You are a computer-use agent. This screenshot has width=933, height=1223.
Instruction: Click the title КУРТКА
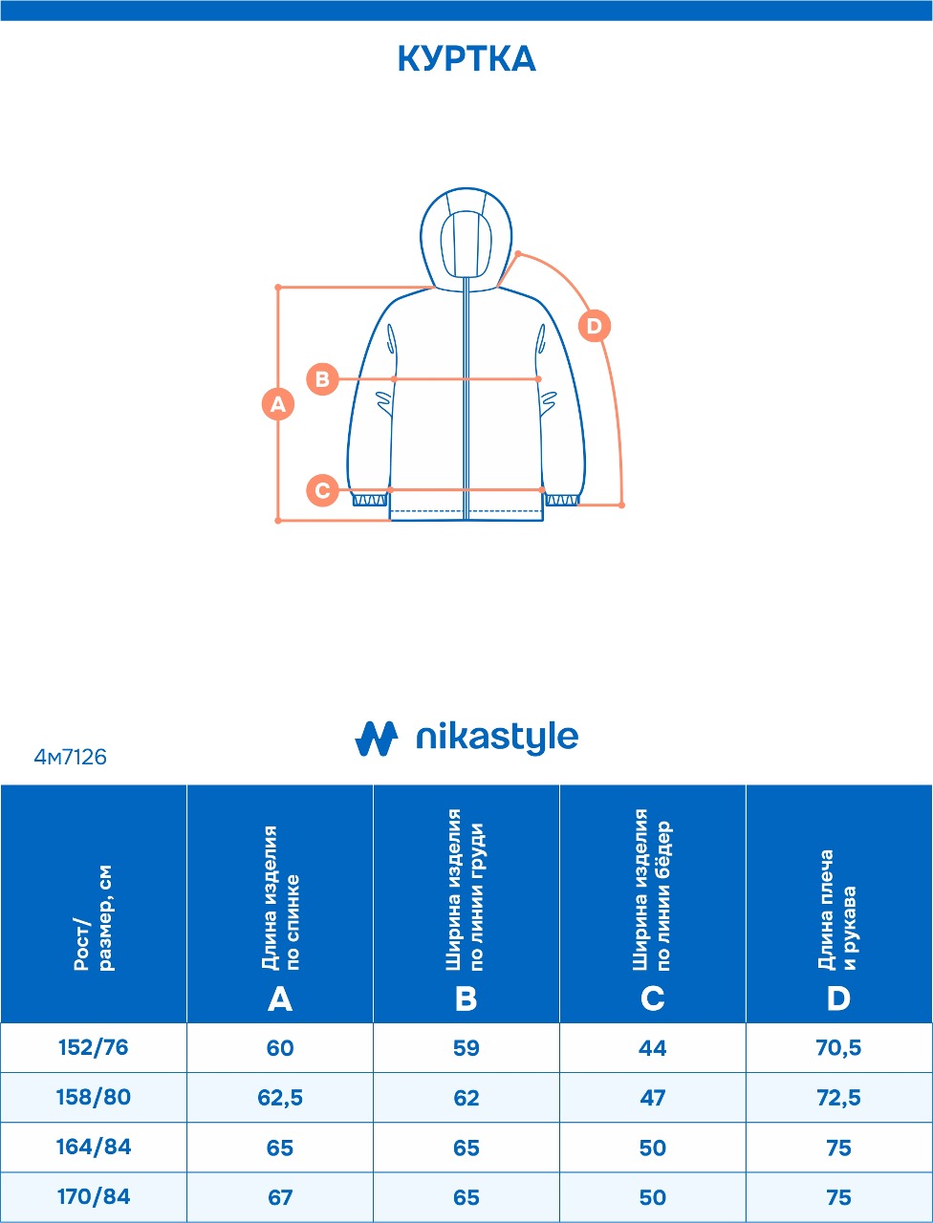pyautogui.click(x=466, y=58)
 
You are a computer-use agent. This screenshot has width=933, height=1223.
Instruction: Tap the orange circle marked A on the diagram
pyautogui.click(x=278, y=403)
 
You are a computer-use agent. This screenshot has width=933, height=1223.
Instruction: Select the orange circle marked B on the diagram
pyautogui.click(x=323, y=379)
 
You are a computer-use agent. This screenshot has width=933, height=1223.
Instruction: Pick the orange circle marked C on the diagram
pyautogui.click(x=323, y=490)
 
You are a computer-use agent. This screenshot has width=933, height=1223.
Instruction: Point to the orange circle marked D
pyautogui.click(x=595, y=326)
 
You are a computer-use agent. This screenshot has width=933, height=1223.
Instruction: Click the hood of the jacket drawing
pyautogui.click(x=466, y=239)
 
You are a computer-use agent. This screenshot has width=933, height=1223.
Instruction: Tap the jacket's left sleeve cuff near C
pyautogui.click(x=370, y=499)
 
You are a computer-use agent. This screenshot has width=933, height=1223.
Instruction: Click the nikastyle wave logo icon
pyautogui.click(x=377, y=739)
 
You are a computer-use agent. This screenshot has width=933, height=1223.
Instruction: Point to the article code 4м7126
pyautogui.click(x=70, y=757)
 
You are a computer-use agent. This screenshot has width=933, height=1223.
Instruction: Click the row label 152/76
pyautogui.click(x=93, y=1047)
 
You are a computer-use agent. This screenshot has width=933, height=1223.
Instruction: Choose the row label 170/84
pyautogui.click(x=93, y=1196)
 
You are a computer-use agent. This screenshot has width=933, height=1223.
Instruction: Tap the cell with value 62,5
pyautogui.click(x=280, y=1098)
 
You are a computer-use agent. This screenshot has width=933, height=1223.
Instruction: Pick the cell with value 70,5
pyautogui.click(x=838, y=1048)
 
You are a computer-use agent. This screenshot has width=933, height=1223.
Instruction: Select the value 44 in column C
pyautogui.click(x=653, y=1048)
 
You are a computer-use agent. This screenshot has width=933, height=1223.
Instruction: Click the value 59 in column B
pyautogui.click(x=466, y=1048)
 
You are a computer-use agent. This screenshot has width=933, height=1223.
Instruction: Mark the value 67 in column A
pyautogui.click(x=280, y=1197)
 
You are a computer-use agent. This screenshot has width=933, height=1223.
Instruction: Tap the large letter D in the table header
pyautogui.click(x=838, y=999)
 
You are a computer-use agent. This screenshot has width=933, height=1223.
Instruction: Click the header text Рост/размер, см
pyautogui.click(x=94, y=917)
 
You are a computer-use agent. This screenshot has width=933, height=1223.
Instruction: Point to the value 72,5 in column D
pyautogui.click(x=838, y=1098)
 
